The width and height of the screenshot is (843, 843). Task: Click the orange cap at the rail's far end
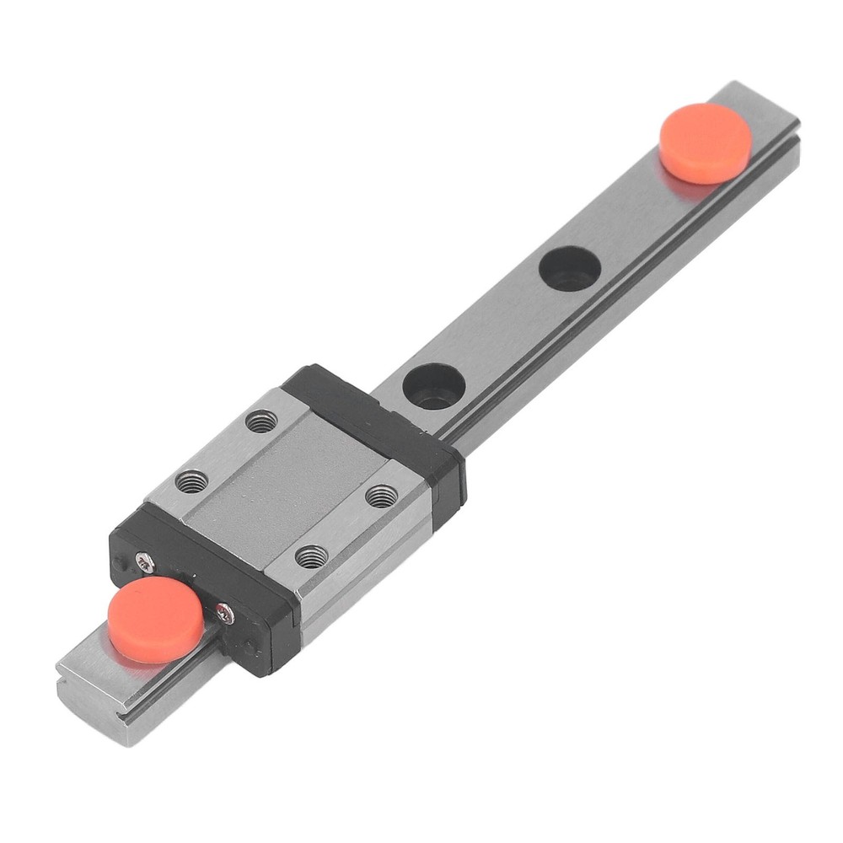[x=705, y=142]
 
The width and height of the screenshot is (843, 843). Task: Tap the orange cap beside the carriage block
[x=155, y=619]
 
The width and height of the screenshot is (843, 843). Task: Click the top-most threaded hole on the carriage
[x=261, y=420]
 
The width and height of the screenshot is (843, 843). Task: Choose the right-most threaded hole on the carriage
[x=381, y=496]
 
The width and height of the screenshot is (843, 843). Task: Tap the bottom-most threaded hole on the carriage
[x=312, y=556]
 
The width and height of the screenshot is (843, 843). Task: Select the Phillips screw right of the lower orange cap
[x=223, y=614]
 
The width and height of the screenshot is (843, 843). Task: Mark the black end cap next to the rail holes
[x=379, y=417]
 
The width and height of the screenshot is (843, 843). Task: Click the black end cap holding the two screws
[x=202, y=582]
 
